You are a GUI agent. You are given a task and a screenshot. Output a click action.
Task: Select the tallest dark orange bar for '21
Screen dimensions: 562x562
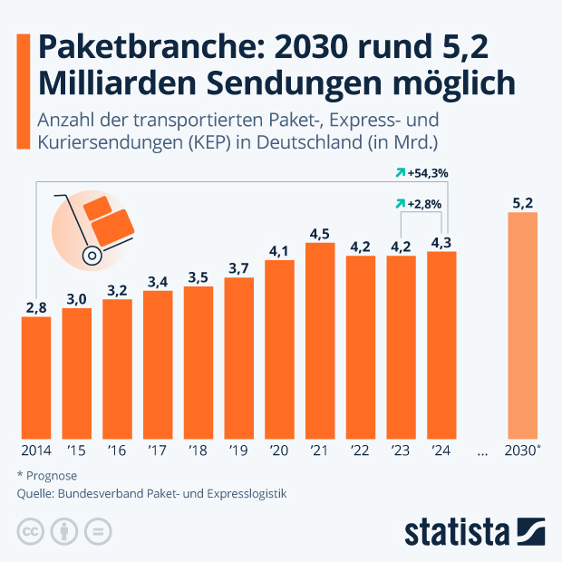(320, 340)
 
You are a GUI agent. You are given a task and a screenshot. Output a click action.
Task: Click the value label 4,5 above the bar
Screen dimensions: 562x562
(320, 234)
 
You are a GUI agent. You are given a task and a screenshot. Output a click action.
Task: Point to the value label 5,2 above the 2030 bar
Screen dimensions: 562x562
(522, 203)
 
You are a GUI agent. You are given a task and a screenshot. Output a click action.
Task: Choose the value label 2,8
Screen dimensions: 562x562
(36, 308)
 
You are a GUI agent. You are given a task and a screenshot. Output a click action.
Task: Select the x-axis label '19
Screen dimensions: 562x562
(238, 450)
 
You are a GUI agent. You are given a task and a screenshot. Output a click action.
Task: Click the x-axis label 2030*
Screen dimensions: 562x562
(523, 450)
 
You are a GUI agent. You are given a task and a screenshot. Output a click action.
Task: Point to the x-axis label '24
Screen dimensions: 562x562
(441, 450)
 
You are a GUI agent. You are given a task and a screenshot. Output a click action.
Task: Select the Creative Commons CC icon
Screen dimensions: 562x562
(31, 531)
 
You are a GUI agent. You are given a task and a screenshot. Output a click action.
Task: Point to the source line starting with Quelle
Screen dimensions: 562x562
(151, 494)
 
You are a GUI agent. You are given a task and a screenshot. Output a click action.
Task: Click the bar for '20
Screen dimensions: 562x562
(279, 349)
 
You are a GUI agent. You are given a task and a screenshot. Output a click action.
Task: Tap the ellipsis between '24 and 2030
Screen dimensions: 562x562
(481, 451)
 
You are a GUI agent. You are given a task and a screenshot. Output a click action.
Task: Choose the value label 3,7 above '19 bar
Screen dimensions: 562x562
(238, 268)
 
